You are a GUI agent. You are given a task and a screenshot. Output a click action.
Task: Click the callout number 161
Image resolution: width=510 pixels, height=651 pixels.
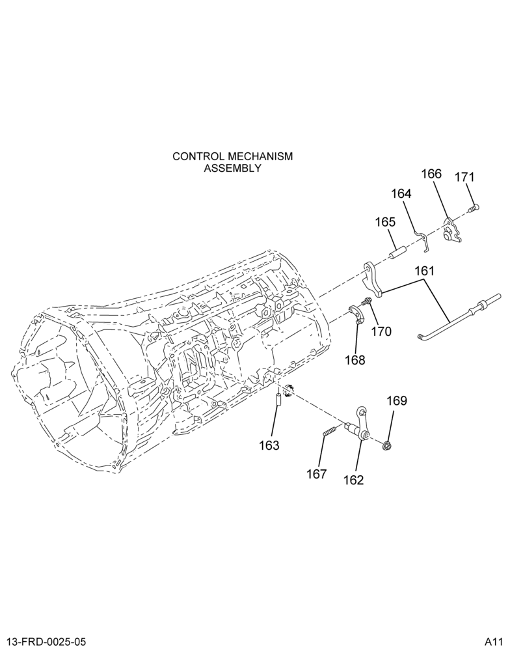[x=424, y=271]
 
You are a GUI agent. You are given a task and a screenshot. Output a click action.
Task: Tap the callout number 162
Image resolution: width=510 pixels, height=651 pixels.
[x=353, y=480]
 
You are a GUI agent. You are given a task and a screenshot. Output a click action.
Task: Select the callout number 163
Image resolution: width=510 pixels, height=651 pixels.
[x=269, y=445]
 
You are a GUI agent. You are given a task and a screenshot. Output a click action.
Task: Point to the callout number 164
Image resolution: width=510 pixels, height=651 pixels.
[x=401, y=193]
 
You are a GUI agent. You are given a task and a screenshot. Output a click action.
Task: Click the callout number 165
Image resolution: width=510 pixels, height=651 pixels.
[x=386, y=222]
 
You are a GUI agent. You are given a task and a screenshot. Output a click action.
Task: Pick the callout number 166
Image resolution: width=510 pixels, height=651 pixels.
[x=432, y=174]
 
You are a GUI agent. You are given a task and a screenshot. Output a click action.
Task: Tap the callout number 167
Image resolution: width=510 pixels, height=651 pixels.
[x=317, y=474]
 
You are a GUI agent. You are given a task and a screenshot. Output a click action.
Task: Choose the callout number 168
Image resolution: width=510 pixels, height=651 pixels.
[x=355, y=360]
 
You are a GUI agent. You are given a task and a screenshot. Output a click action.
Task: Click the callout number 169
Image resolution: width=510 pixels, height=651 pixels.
[x=397, y=401]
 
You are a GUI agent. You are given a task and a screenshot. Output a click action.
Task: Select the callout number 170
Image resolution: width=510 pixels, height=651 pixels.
[x=381, y=331]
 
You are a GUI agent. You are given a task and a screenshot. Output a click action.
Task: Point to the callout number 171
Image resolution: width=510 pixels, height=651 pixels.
[x=464, y=177]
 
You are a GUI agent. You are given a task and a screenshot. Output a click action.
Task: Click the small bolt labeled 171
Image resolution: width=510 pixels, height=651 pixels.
[x=473, y=208]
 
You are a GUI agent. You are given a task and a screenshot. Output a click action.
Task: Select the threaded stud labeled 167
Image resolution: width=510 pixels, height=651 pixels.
[x=329, y=432]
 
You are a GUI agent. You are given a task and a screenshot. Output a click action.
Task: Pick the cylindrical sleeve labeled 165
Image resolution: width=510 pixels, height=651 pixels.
[x=397, y=251]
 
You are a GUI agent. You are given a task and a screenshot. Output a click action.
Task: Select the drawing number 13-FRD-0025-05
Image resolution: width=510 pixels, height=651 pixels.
[x=47, y=641]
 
